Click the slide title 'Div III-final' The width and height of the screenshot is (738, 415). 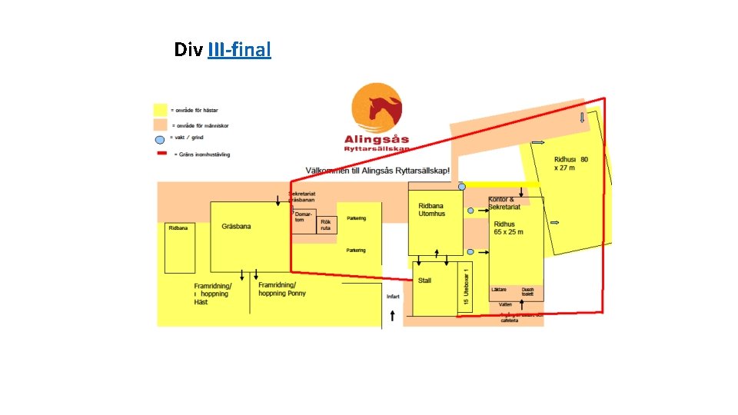click(222, 51)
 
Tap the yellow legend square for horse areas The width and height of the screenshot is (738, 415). click(161, 110)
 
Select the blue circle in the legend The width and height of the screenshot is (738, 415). click(160, 139)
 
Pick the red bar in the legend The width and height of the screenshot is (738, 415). click(161, 153)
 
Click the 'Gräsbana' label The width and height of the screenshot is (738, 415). click(236, 227)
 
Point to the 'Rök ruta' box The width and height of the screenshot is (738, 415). click(326, 225)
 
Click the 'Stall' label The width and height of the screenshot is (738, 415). click(425, 281)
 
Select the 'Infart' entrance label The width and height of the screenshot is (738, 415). click(393, 296)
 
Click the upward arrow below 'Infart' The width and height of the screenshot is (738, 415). click(393, 315)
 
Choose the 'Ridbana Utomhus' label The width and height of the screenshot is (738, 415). click(431, 210)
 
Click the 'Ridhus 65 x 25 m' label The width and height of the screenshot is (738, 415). click(508, 228)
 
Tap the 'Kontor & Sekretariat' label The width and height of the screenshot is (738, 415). click(504, 204)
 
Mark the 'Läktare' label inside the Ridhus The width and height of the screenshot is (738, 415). click(499, 290)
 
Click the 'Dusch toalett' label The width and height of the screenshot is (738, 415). click(527, 292)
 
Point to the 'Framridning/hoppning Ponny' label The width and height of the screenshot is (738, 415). click(282, 289)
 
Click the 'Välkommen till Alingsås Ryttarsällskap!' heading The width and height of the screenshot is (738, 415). click(377, 170)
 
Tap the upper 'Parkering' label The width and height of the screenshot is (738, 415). click(355, 218)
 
